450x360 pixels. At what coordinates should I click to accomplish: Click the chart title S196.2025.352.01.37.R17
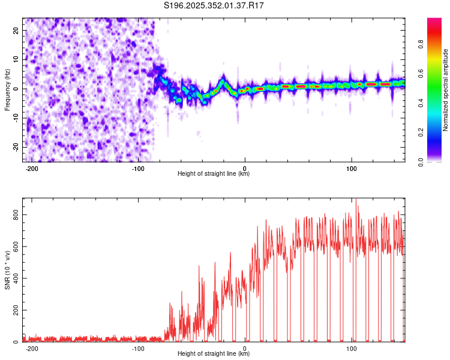tap(214, 6)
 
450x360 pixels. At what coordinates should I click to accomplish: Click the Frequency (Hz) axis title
tap(7, 89)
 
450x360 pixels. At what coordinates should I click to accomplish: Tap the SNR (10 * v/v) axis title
tap(7, 269)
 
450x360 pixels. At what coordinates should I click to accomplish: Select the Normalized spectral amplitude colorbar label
tap(445, 89)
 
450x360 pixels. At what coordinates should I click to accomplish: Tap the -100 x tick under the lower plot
tap(138, 349)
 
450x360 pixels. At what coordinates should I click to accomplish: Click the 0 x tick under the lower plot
tap(245, 349)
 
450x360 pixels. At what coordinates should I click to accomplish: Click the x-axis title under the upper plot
tap(214, 175)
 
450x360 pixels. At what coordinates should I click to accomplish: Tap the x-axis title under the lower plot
tap(214, 355)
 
